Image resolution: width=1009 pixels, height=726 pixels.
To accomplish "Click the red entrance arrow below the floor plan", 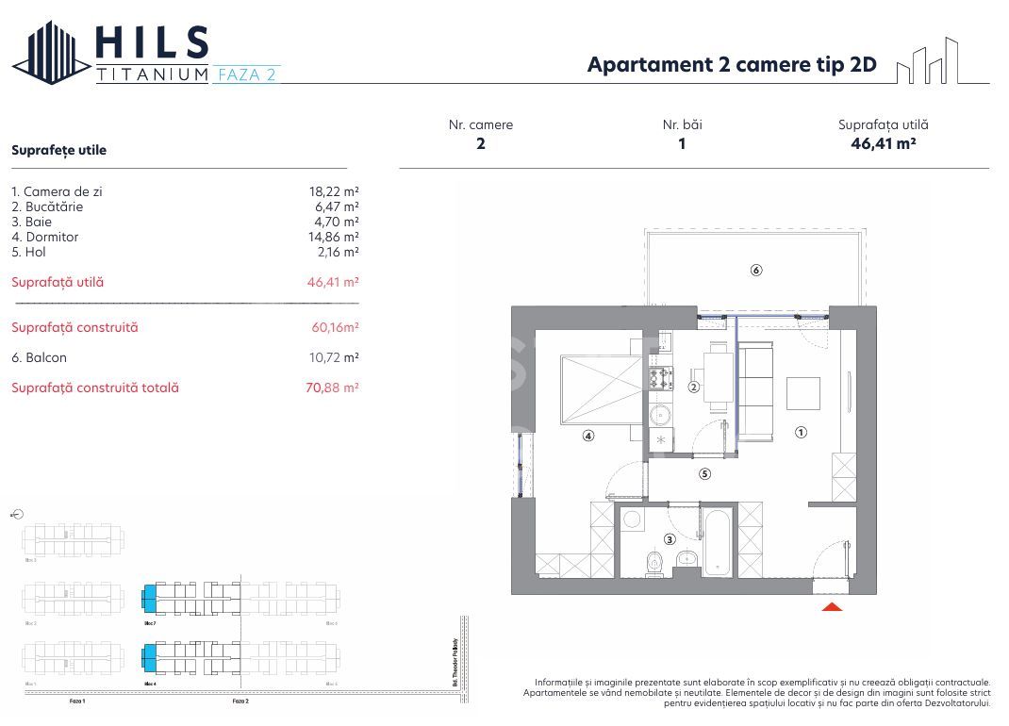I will point(832,606).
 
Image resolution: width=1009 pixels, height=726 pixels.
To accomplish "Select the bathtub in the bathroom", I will point(716,543).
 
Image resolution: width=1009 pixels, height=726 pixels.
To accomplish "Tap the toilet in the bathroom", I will point(655,563).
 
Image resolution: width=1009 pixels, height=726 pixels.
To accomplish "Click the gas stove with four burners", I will point(660,378).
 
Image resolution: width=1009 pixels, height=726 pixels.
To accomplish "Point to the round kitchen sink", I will point(660,412).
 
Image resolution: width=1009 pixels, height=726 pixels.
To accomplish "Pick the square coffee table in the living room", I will point(803,392).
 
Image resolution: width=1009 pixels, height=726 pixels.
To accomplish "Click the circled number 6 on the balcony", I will point(755,271).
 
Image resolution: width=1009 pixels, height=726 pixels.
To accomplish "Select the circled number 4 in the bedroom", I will point(587,436).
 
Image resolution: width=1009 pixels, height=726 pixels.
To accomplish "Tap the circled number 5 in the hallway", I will point(703,474).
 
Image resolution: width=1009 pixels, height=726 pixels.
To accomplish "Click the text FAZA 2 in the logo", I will point(244,74).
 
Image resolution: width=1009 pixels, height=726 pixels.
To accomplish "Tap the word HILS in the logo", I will point(152,42).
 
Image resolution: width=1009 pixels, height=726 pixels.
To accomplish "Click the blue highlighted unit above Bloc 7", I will point(148,597).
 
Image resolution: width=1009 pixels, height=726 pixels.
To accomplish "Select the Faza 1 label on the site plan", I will point(77,701).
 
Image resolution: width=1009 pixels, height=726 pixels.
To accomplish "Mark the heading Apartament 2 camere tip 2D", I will point(732,64).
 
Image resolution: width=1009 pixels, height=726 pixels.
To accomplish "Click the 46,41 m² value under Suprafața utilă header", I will point(884,143).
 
